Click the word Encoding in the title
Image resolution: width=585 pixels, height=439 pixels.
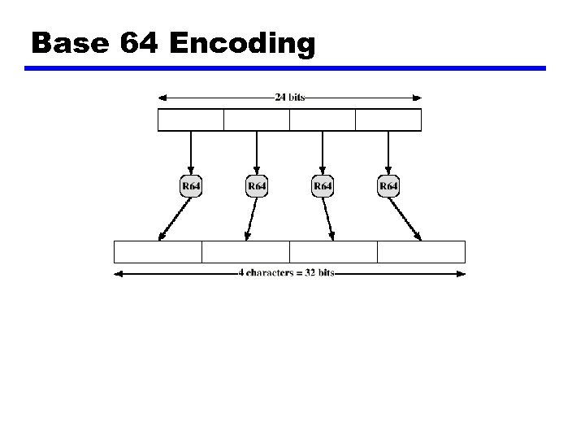click(x=242, y=43)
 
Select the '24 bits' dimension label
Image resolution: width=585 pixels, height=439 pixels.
click(x=290, y=98)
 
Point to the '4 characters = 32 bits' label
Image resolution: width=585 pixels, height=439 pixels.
click(x=286, y=274)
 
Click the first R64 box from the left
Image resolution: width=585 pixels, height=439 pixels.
click(x=191, y=187)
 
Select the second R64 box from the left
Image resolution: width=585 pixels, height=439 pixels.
click(x=257, y=187)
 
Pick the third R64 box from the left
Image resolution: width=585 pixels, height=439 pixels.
click(x=323, y=187)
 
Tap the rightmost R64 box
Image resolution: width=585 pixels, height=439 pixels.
click(x=389, y=187)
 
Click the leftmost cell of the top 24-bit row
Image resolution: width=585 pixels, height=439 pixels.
click(x=190, y=120)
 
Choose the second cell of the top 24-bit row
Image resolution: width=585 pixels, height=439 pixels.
click(x=256, y=120)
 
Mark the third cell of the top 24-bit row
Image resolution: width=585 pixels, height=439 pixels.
click(x=323, y=120)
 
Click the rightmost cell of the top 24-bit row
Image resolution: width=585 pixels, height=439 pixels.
click(x=388, y=120)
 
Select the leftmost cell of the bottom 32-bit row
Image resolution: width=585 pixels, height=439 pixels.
click(x=158, y=252)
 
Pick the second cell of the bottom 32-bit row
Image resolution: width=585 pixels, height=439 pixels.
click(x=245, y=252)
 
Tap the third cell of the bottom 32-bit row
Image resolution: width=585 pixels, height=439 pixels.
click(x=333, y=252)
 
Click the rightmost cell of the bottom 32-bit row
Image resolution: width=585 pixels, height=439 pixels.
click(x=421, y=252)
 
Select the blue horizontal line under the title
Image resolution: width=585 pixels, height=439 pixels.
click(x=284, y=69)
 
